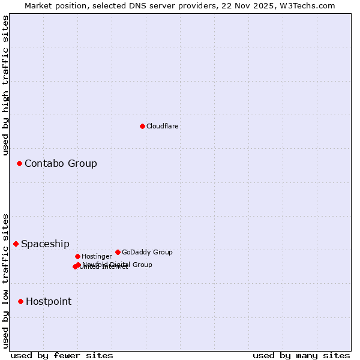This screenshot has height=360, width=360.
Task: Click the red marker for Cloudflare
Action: click(142, 126)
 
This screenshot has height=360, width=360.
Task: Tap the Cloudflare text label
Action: click(162, 127)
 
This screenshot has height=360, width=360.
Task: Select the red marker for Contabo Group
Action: click(19, 163)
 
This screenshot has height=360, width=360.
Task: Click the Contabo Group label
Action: click(61, 164)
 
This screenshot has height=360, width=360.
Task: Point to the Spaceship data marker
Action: click(16, 244)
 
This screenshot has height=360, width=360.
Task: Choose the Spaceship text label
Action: click(45, 244)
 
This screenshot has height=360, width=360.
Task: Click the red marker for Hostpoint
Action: click(20, 301)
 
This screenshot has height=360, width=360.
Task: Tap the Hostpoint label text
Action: click(49, 302)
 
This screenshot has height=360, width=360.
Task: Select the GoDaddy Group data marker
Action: click(118, 252)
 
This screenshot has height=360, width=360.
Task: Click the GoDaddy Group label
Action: click(147, 253)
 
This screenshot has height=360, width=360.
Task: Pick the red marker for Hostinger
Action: click(77, 256)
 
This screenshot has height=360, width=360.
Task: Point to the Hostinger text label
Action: click(97, 257)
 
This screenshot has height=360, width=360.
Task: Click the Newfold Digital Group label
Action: click(118, 265)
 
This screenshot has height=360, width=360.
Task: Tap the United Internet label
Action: click(103, 267)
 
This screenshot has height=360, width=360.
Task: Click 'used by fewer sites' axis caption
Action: click(62, 355)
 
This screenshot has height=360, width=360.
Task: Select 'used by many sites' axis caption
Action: click(301, 355)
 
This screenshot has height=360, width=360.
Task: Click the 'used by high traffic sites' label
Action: click(5, 85)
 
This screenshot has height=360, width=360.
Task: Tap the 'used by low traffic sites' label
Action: click(5, 281)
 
